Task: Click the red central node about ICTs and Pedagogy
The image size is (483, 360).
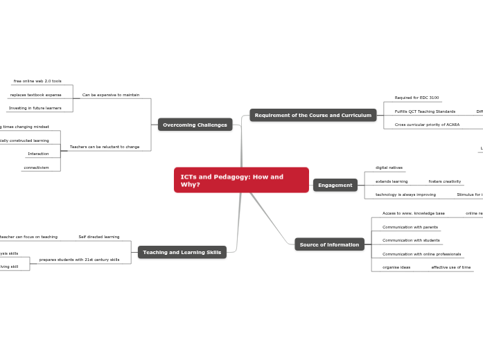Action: pyautogui.click(x=241, y=180)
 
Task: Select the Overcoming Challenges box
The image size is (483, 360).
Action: pyautogui.click(x=195, y=125)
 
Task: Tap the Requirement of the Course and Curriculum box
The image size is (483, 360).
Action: pyautogui.click(x=313, y=115)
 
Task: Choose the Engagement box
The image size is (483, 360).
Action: pyautogui.click(x=335, y=185)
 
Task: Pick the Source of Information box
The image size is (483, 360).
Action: pyautogui.click(x=329, y=244)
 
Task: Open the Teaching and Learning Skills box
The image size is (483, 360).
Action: pyautogui.click(x=182, y=253)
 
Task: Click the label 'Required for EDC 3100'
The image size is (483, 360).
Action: pyautogui.click(x=416, y=98)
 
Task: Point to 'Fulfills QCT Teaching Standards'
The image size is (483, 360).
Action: pyautogui.click(x=425, y=111)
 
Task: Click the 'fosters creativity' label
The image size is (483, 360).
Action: pyautogui.click(x=444, y=181)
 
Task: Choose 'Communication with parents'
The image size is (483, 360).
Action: pyautogui.click(x=410, y=227)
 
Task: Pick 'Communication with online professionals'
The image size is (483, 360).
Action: pyautogui.click(x=421, y=254)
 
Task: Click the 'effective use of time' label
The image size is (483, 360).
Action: pyautogui.click(x=450, y=267)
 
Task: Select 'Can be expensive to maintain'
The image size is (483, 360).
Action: pyautogui.click(x=111, y=95)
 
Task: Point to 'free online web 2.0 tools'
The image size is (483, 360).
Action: pyautogui.click(x=37, y=81)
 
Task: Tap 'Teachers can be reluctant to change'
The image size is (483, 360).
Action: pyautogui.click(x=105, y=147)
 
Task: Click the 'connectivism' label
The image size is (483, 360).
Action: pyautogui.click(x=35, y=168)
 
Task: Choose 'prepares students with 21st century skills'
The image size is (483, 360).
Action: pyautogui.click(x=79, y=260)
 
